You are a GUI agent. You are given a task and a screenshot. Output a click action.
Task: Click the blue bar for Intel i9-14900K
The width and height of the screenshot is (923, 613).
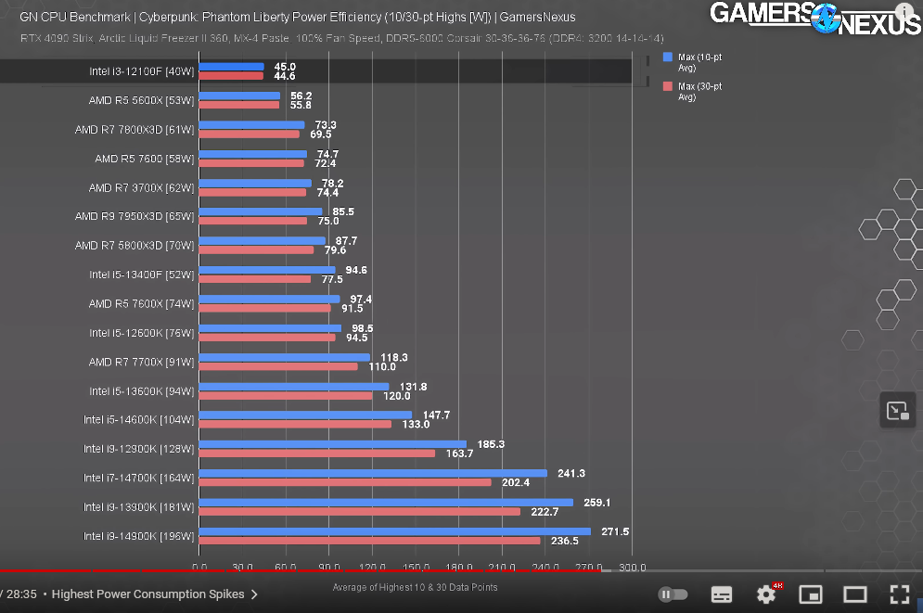pyautogui.click(x=394, y=531)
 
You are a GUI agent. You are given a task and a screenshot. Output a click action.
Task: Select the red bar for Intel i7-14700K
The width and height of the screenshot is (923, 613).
pyautogui.click(x=345, y=482)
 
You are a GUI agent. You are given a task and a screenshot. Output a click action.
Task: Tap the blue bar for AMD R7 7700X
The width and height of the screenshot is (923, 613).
pyautogui.click(x=284, y=357)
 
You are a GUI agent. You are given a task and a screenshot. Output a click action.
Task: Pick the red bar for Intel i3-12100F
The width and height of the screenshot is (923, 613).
pyautogui.click(x=231, y=76)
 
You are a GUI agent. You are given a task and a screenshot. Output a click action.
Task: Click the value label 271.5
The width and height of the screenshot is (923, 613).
pyautogui.click(x=616, y=531)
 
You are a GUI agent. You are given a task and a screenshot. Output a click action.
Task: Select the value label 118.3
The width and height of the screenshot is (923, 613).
pyautogui.click(x=394, y=357)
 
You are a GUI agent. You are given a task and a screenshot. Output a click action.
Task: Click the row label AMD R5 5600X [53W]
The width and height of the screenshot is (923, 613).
pyautogui.click(x=141, y=100)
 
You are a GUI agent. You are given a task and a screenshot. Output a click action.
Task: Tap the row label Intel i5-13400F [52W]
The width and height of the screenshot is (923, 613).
pyautogui.click(x=141, y=275)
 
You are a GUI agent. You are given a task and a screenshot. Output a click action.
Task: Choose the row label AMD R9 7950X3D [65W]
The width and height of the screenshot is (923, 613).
pyautogui.click(x=135, y=216)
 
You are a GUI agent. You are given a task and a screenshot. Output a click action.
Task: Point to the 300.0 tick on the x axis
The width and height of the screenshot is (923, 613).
pyautogui.click(x=633, y=568)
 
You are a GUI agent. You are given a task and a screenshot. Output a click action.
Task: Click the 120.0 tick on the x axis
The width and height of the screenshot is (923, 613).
pyautogui.click(x=372, y=568)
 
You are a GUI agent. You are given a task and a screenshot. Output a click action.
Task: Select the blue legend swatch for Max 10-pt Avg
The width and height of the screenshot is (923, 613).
pyautogui.click(x=668, y=57)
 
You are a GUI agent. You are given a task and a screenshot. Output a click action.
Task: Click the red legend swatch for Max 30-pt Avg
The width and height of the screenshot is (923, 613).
pyautogui.click(x=668, y=86)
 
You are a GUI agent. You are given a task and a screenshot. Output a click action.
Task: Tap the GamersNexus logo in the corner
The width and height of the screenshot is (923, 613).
pyautogui.click(x=814, y=19)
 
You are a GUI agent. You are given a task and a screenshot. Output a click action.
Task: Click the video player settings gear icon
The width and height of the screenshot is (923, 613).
pyautogui.click(x=766, y=594)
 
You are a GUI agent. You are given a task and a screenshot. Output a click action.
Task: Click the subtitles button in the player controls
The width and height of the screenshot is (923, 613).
pyautogui.click(x=722, y=594)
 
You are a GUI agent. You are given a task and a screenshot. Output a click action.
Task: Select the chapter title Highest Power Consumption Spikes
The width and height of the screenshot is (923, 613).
pyautogui.click(x=148, y=594)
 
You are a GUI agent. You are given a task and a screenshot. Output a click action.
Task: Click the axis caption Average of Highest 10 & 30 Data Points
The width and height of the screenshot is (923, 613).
pyautogui.click(x=415, y=587)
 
